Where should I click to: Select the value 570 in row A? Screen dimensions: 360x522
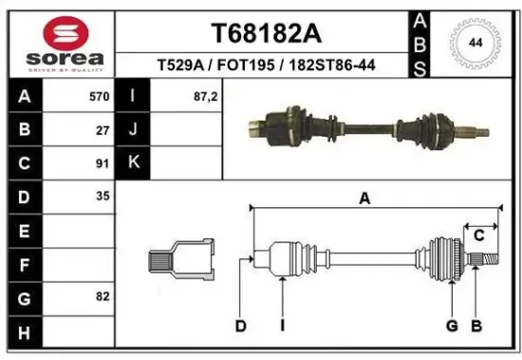pyautogui.click(x=99, y=97)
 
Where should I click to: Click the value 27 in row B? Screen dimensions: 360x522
pyautogui.click(x=103, y=130)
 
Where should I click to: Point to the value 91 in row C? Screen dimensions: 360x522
pyautogui.click(x=103, y=162)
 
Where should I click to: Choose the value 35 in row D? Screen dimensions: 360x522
pyautogui.click(x=103, y=196)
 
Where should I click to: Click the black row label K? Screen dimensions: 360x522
pyautogui.click(x=134, y=162)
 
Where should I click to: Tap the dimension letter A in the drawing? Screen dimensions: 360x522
pyautogui.click(x=364, y=198)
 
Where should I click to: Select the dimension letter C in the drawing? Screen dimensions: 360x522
pyautogui.click(x=479, y=235)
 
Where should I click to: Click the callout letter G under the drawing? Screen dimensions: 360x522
pyautogui.click(x=452, y=327)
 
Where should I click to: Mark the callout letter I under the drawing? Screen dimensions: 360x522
pyautogui.click(x=282, y=327)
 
